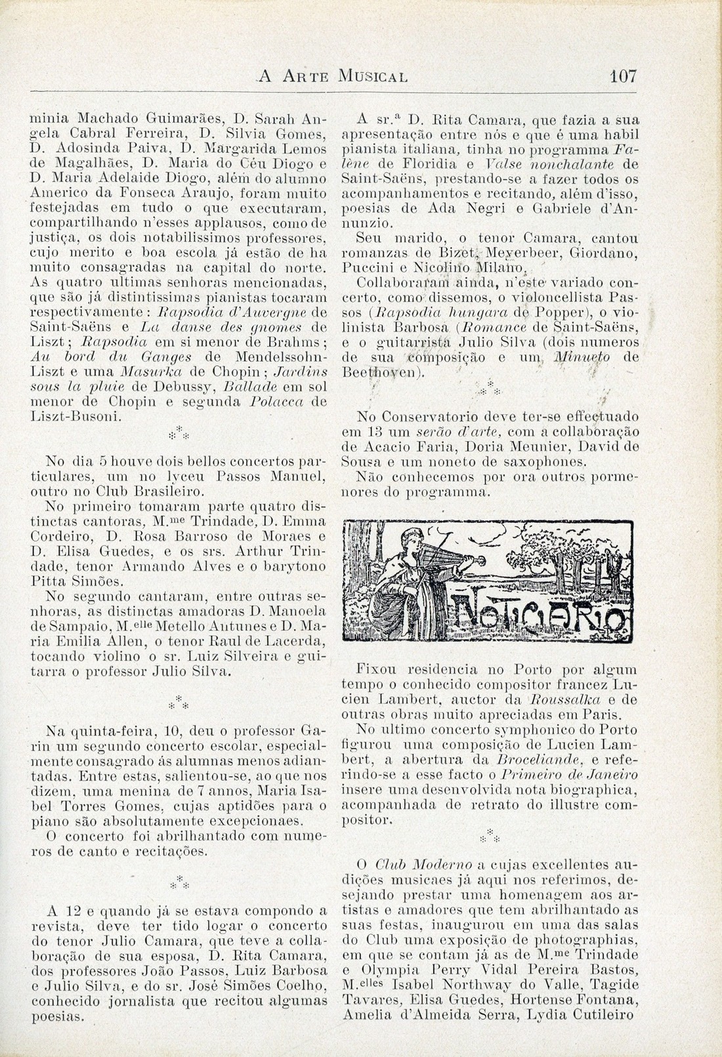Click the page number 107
coord(623,76)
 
